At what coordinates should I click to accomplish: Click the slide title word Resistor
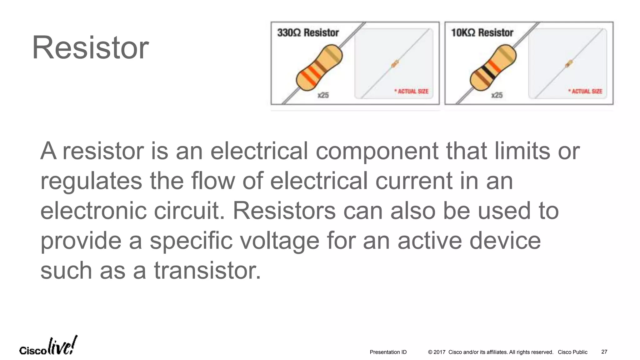point(90,48)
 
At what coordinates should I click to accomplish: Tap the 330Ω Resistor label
point(308,32)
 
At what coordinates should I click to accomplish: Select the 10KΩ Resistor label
point(482,32)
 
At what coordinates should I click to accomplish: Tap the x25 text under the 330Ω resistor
point(323,95)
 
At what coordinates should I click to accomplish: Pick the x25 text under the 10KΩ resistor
point(497,95)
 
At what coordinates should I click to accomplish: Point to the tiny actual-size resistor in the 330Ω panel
point(395,64)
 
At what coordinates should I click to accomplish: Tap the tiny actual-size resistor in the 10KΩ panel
point(569,64)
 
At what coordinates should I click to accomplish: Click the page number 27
point(604,352)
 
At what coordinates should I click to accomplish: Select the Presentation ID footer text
point(388,352)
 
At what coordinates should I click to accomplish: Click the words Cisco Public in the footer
point(572,352)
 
